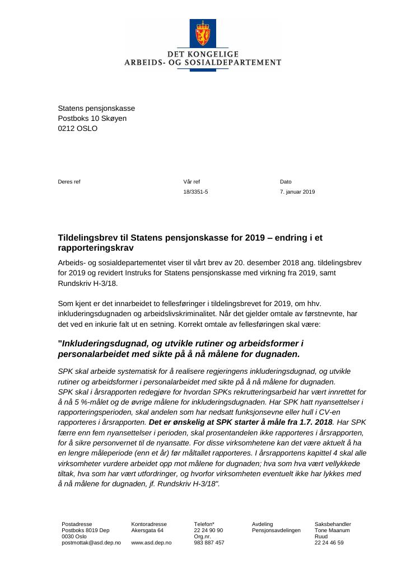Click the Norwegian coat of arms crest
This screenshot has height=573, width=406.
point(203,34)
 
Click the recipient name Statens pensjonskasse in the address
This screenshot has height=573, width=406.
point(96,109)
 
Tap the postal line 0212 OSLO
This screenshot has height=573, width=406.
point(77,129)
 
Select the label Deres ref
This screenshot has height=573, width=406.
point(69,182)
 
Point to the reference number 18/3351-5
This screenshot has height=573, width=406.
point(195,192)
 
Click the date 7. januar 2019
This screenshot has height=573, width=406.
point(297,192)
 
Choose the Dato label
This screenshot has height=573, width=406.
point(286,182)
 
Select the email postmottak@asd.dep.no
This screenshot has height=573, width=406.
point(91,543)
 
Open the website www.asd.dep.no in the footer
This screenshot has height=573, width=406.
point(151,543)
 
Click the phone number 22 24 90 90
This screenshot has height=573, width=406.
point(208,530)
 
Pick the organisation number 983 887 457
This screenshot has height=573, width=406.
point(209,543)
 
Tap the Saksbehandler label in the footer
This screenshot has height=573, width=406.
point(333,524)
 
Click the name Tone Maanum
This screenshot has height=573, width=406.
point(332,530)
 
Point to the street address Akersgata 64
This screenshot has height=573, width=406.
point(147,530)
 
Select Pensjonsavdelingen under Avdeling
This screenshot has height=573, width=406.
point(276,530)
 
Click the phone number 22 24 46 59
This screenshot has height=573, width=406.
point(329,543)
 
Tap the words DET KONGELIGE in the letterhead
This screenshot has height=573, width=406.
point(203,54)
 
